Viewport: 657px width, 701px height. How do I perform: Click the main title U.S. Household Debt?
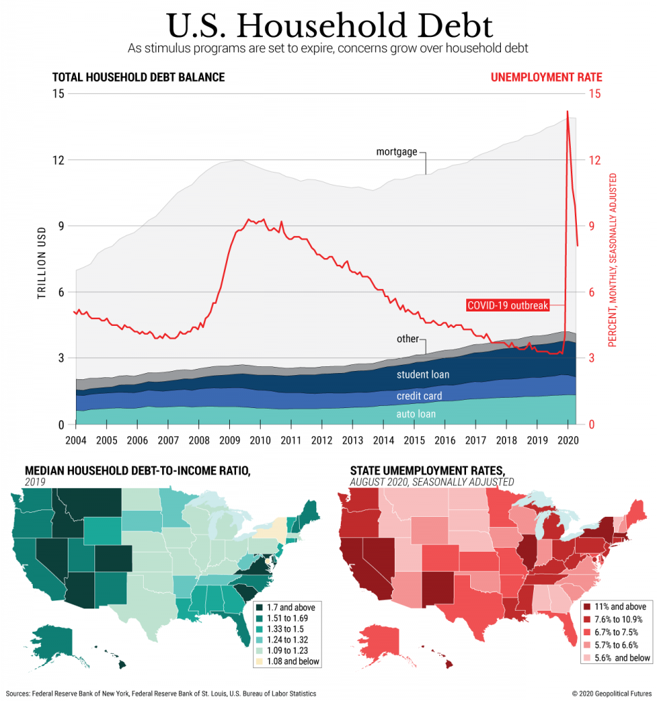329,25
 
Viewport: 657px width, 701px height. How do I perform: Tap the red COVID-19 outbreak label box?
508,305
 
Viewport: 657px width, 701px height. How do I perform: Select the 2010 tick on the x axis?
259,439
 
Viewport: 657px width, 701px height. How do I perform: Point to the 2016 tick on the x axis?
444,439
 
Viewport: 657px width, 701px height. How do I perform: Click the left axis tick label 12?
58,160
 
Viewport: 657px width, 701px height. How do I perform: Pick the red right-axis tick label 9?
593,227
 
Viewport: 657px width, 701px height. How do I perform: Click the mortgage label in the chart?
396,151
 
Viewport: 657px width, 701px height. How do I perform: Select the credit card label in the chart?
419,396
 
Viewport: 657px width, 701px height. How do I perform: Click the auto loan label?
416,413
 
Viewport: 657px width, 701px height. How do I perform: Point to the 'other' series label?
408,339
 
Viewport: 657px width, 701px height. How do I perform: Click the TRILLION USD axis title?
41,262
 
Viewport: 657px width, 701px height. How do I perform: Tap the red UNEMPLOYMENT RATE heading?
546,77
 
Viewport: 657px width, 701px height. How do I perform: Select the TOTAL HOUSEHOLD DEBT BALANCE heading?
138,77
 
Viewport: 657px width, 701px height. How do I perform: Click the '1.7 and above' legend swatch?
259,607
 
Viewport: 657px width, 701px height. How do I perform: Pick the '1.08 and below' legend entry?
286,662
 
